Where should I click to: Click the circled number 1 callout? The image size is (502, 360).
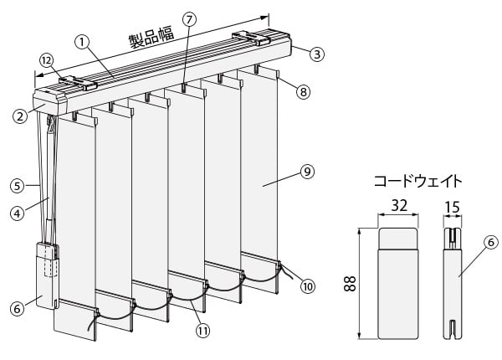tap(81, 39)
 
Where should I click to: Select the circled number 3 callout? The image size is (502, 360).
tap(316, 54)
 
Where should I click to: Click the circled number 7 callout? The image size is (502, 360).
tap(190, 18)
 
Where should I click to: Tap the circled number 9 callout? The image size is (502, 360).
tap(307, 172)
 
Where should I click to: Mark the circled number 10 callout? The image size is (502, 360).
tap(308, 285)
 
